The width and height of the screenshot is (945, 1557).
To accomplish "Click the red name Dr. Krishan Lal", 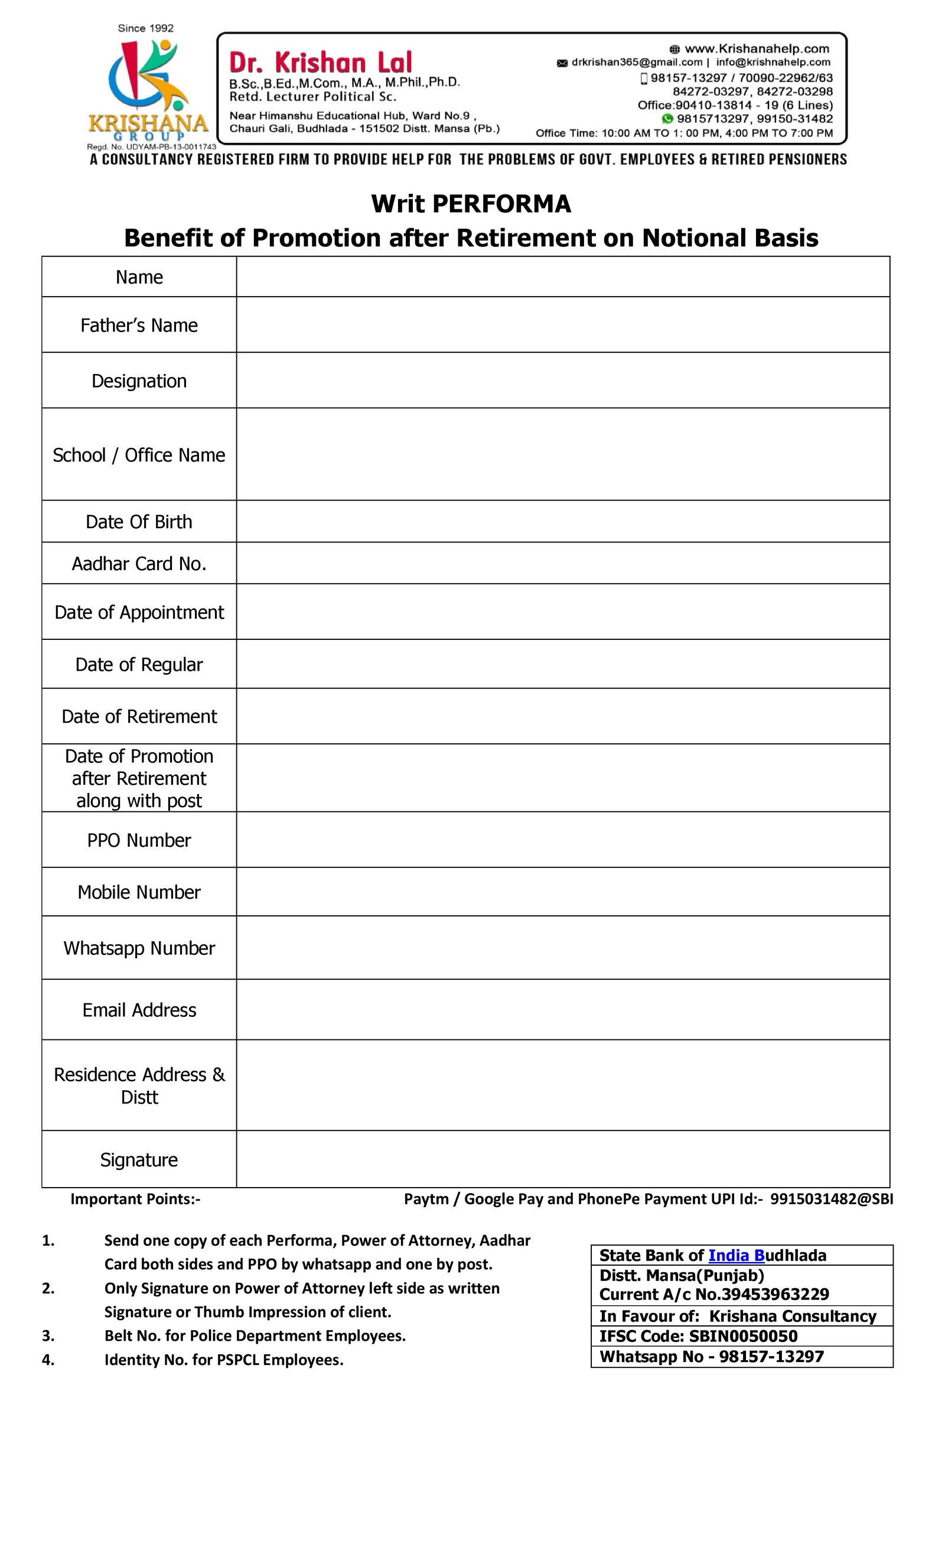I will (320, 63).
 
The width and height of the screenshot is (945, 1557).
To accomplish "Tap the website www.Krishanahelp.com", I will (756, 48).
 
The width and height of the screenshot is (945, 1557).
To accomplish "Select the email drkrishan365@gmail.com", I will (636, 63).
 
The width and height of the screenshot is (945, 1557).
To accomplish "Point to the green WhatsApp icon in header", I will (667, 119).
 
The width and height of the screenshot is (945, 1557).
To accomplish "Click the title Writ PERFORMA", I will (471, 203).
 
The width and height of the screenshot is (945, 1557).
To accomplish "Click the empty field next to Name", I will (562, 277).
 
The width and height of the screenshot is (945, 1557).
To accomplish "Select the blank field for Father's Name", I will (562, 325).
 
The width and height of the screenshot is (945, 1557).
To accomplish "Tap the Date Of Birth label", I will (139, 522).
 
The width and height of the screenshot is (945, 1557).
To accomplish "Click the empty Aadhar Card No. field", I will (562, 563).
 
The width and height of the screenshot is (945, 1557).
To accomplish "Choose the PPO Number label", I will (139, 840).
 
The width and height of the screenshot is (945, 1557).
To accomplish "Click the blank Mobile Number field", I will (562, 892).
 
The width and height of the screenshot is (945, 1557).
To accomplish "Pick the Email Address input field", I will (562, 1010).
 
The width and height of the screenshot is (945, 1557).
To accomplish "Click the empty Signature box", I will (562, 1159).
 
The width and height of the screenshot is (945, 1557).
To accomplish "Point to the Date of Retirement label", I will (139, 717).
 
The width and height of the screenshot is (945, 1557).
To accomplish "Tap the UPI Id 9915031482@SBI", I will (830, 1200).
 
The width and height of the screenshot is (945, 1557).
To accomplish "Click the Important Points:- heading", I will (135, 1200).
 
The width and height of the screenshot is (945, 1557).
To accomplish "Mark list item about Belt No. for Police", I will (255, 1335).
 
